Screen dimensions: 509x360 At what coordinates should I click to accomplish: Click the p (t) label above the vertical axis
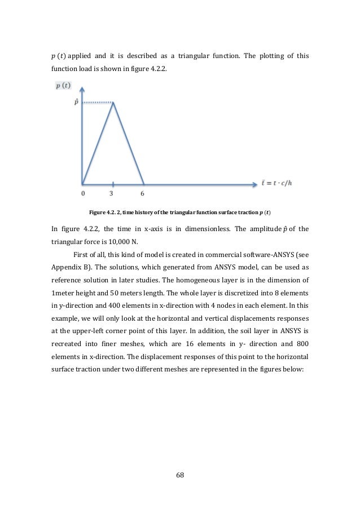(x=63, y=86)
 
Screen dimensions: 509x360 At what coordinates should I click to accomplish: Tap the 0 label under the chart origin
(x=83, y=193)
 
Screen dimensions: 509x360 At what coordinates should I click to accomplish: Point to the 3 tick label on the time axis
(x=113, y=193)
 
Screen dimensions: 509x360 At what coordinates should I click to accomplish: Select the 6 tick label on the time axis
(x=142, y=193)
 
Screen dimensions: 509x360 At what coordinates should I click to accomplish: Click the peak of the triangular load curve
(x=113, y=103)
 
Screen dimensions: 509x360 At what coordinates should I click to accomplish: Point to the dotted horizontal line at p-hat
(x=96, y=103)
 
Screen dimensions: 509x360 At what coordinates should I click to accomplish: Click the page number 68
(x=180, y=475)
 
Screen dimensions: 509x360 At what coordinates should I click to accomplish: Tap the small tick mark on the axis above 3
(x=113, y=184)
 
